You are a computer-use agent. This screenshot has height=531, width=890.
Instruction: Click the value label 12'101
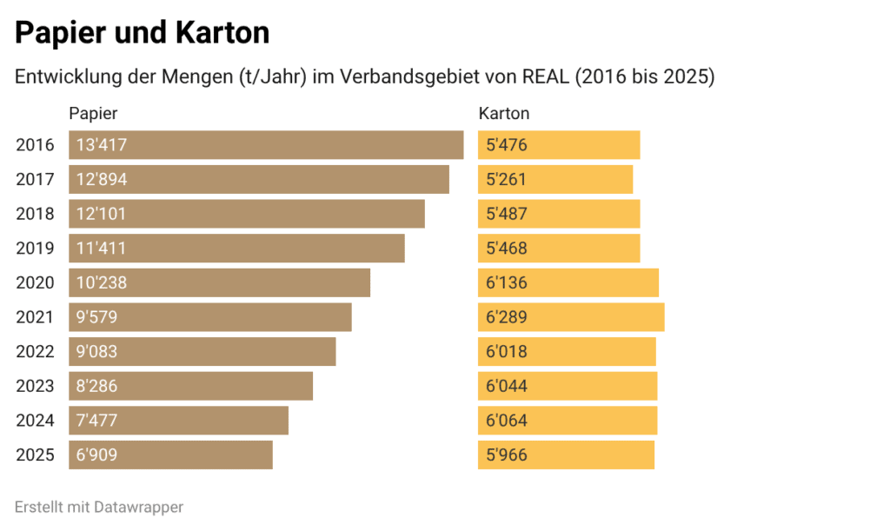[102, 214]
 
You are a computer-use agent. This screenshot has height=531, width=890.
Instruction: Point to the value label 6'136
[508, 282]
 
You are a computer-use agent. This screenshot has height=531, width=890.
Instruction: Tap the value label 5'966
[508, 455]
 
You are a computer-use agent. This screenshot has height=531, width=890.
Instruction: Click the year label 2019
[35, 249]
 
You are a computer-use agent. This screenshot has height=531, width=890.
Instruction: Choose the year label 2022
[35, 352]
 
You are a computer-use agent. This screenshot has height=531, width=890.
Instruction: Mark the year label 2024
[35, 421]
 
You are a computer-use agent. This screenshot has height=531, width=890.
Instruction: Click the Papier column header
[93, 114]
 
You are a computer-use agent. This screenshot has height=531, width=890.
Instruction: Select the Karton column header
[504, 114]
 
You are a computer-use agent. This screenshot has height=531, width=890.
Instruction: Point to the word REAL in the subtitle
[545, 77]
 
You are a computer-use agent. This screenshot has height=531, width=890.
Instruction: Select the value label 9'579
[96, 317]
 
